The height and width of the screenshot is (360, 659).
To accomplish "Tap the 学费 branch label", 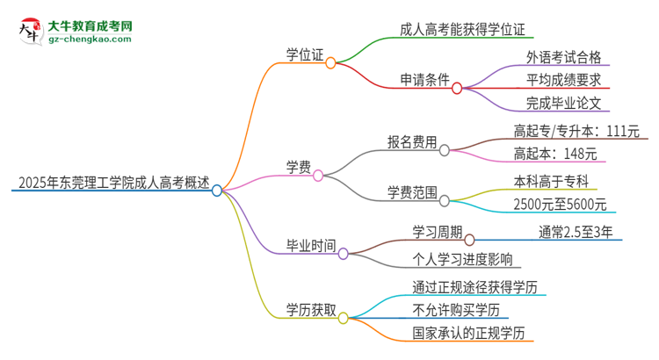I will tap(298, 167).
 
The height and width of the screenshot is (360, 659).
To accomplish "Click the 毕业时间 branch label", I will tap(310, 246).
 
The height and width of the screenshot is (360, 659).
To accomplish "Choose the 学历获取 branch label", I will tap(310, 308).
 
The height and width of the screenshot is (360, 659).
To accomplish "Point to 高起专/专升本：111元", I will tap(576, 132).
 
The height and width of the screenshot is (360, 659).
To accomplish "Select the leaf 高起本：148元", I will tap(554, 154).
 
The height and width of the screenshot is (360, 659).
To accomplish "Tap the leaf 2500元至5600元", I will tap(560, 205).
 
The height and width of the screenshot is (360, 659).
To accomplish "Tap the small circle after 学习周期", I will tap(469, 239).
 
